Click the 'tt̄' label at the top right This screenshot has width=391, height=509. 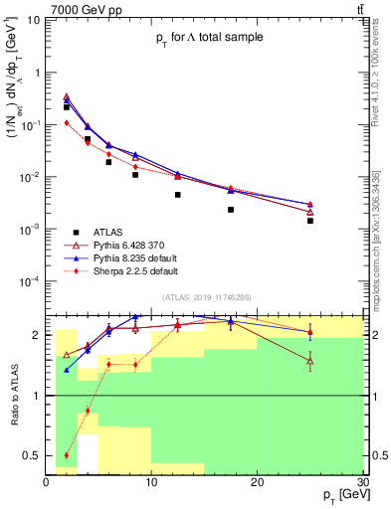(357, 9)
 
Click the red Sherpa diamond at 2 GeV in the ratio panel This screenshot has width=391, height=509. (67, 455)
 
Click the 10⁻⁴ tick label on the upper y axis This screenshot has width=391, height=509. (28, 281)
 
